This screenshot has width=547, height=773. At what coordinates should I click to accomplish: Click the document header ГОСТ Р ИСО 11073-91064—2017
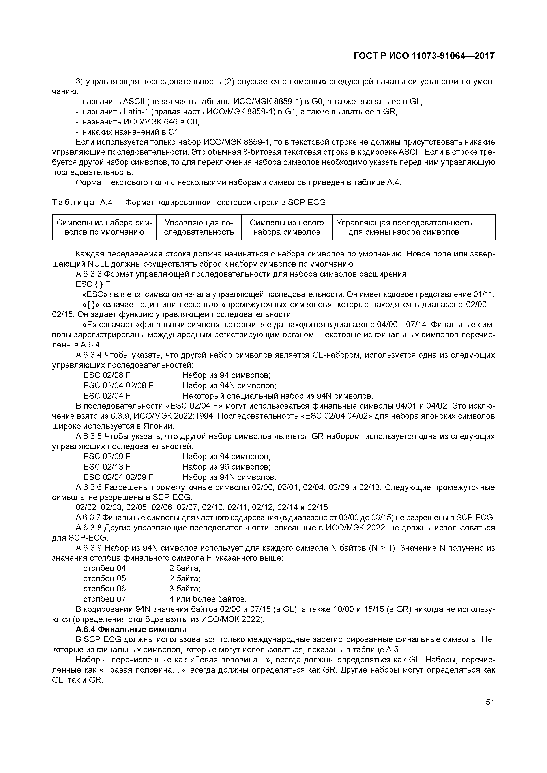(424, 56)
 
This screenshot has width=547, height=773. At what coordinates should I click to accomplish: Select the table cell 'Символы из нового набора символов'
(287, 227)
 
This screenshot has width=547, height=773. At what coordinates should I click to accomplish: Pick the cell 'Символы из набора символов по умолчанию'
(105, 227)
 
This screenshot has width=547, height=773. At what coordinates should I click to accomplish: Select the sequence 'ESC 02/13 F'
(107, 467)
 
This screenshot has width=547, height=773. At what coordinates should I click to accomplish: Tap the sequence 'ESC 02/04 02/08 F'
(118, 385)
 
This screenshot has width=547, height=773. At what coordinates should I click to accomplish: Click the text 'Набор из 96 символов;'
(226, 467)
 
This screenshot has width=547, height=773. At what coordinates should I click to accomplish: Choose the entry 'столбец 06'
(105, 589)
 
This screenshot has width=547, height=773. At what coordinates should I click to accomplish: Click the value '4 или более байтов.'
(208, 599)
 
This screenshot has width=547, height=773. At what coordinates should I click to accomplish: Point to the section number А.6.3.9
(89, 548)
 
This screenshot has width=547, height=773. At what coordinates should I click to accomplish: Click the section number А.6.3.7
(88, 517)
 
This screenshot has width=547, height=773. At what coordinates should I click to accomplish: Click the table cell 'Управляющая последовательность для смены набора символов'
(404, 227)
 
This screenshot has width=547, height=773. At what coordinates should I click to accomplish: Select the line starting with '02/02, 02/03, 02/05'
(202, 507)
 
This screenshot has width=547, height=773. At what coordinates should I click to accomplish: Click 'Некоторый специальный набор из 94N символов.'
(277, 396)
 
